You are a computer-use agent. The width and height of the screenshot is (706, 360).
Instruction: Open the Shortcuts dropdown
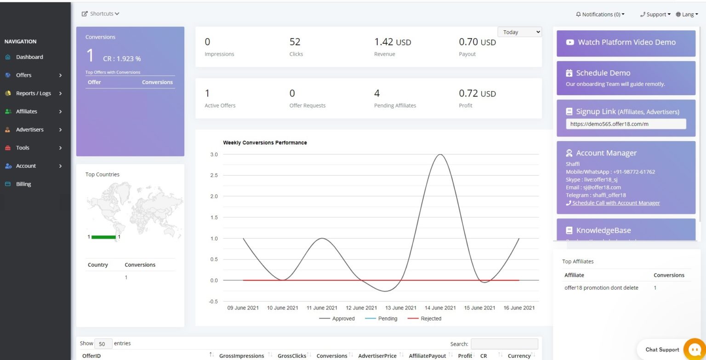pyautogui.click(x=101, y=14)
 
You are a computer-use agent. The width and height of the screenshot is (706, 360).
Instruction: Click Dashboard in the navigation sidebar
pyautogui.click(x=29, y=57)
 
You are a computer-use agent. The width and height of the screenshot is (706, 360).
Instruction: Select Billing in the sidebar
pyautogui.click(x=23, y=184)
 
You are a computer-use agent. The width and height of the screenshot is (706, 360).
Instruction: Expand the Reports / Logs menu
pyautogui.click(x=34, y=93)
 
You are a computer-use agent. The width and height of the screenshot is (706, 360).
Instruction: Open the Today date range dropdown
pyautogui.click(x=519, y=32)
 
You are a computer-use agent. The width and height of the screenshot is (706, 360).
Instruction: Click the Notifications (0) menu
pyautogui.click(x=600, y=14)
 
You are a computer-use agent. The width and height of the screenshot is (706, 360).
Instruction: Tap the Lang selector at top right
pyautogui.click(x=687, y=14)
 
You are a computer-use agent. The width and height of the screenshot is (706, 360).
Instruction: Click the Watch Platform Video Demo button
pyautogui.click(x=626, y=42)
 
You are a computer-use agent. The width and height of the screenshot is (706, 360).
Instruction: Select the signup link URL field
pyautogui.click(x=626, y=124)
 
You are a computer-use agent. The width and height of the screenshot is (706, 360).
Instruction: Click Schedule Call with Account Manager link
pyautogui.click(x=615, y=203)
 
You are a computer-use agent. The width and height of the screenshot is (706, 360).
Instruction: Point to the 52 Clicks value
pyautogui.click(x=295, y=42)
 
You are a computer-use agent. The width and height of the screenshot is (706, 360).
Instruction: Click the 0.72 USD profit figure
pyautogui.click(x=477, y=93)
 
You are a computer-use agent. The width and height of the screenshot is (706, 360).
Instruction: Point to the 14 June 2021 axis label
pyautogui.click(x=440, y=308)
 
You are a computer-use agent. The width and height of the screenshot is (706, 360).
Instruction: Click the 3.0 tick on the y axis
pyautogui.click(x=214, y=154)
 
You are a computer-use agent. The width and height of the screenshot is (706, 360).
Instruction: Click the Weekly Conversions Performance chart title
pyautogui.click(x=265, y=143)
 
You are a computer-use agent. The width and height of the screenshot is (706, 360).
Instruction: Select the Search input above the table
pyautogui.click(x=504, y=344)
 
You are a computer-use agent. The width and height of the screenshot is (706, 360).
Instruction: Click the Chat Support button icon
pyautogui.click(x=694, y=349)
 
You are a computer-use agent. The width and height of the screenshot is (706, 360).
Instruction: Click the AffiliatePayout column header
pyautogui.click(x=427, y=356)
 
